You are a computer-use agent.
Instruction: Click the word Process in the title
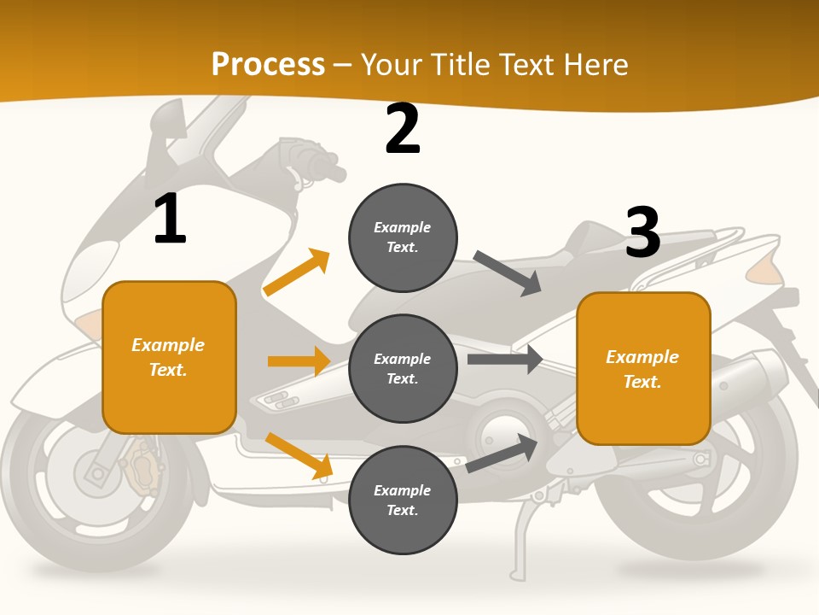[x=268, y=64]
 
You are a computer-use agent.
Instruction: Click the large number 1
[x=170, y=219]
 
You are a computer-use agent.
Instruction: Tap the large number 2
[x=403, y=129]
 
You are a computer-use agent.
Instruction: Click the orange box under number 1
[x=169, y=357]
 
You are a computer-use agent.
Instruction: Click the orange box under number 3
[x=643, y=368]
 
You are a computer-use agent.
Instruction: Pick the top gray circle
[x=403, y=237]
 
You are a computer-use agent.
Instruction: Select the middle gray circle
[x=403, y=368]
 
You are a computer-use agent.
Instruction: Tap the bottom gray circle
[x=403, y=500]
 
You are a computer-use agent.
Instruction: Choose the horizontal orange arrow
[x=299, y=361]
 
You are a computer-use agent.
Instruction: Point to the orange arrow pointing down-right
[x=299, y=455]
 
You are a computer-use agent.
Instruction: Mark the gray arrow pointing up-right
[x=502, y=454]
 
